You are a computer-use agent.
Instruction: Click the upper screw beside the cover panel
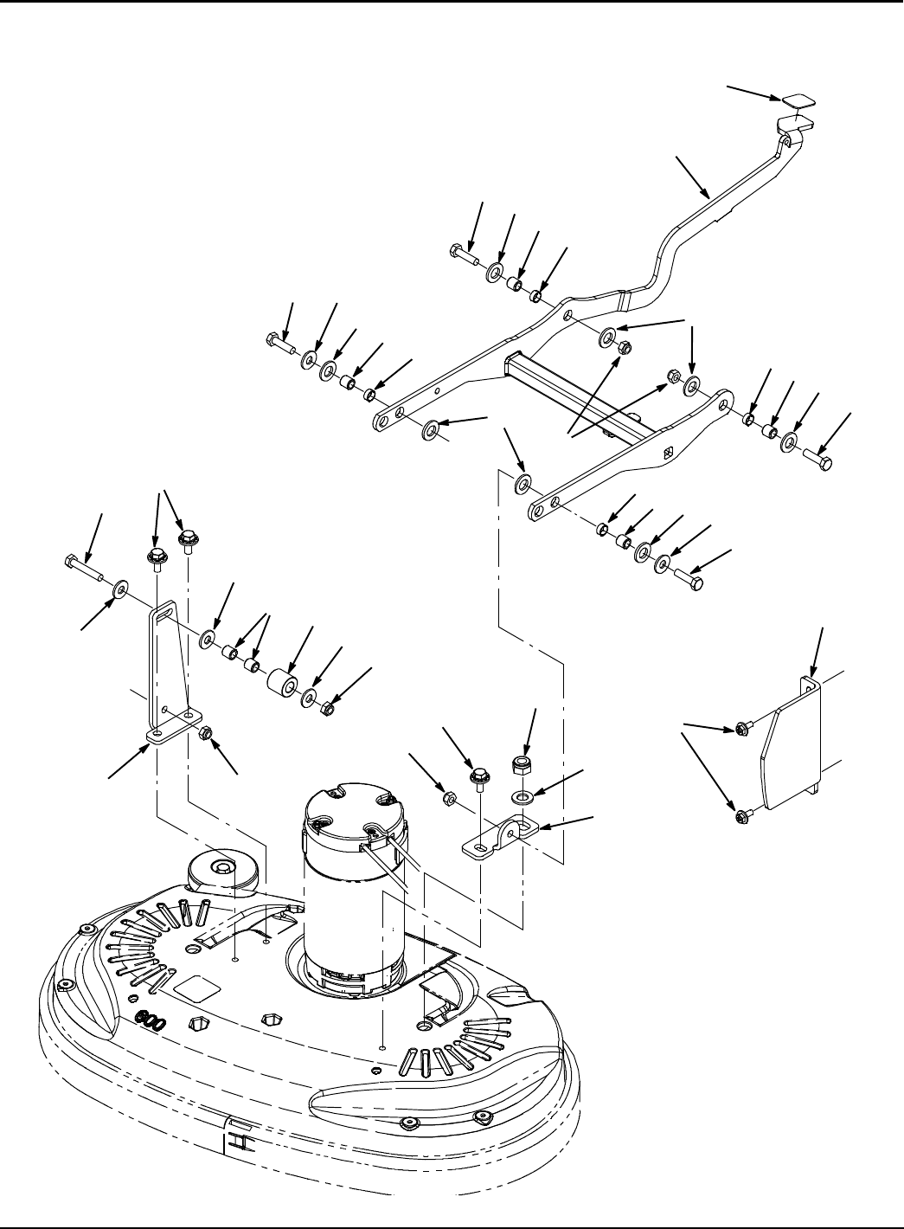click(x=741, y=730)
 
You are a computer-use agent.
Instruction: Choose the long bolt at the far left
click(x=82, y=567)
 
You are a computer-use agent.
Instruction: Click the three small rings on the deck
click(x=152, y=1021)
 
